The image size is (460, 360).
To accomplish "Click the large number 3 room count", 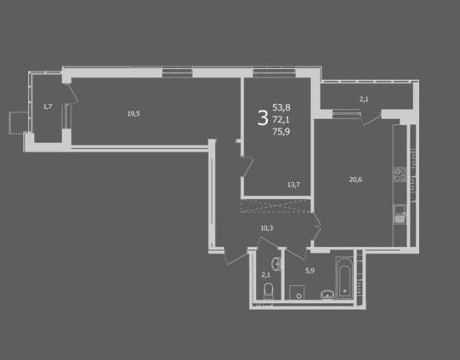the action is pyautogui.click(x=263, y=117).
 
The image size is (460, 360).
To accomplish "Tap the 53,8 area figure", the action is pyautogui.click(x=281, y=107).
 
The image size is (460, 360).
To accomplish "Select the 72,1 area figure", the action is pyautogui.click(x=281, y=119).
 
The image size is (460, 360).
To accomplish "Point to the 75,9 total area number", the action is pyautogui.click(x=281, y=132).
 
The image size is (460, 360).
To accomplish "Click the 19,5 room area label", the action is pyautogui.click(x=133, y=113).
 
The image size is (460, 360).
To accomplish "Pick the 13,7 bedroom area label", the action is pyautogui.click(x=293, y=185).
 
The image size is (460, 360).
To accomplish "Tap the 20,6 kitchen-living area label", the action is pyautogui.click(x=355, y=180).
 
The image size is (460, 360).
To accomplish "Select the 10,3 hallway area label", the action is pyautogui.click(x=267, y=228).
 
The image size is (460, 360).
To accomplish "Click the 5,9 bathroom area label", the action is pyautogui.click(x=310, y=271).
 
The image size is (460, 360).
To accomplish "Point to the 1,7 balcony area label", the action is pyautogui.click(x=48, y=106).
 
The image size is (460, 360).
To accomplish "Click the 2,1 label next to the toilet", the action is pyautogui.click(x=266, y=275).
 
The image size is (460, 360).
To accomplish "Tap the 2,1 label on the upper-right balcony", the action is pyautogui.click(x=364, y=100).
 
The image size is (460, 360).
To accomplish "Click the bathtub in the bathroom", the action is pyautogui.click(x=344, y=277).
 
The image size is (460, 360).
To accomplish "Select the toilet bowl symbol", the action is pyautogui.click(x=269, y=291).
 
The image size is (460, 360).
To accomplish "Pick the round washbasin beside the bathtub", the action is pyautogui.click(x=327, y=294).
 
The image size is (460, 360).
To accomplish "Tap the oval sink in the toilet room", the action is pyautogui.click(x=276, y=264).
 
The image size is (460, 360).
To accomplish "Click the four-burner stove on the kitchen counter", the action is pyautogui.click(x=400, y=174).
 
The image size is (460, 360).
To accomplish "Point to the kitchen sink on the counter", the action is pyautogui.click(x=400, y=214).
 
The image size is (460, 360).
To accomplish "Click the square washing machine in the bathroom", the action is pyautogui.click(x=297, y=292).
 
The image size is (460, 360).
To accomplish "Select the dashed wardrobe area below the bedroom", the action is pyautogui.click(x=275, y=206).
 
